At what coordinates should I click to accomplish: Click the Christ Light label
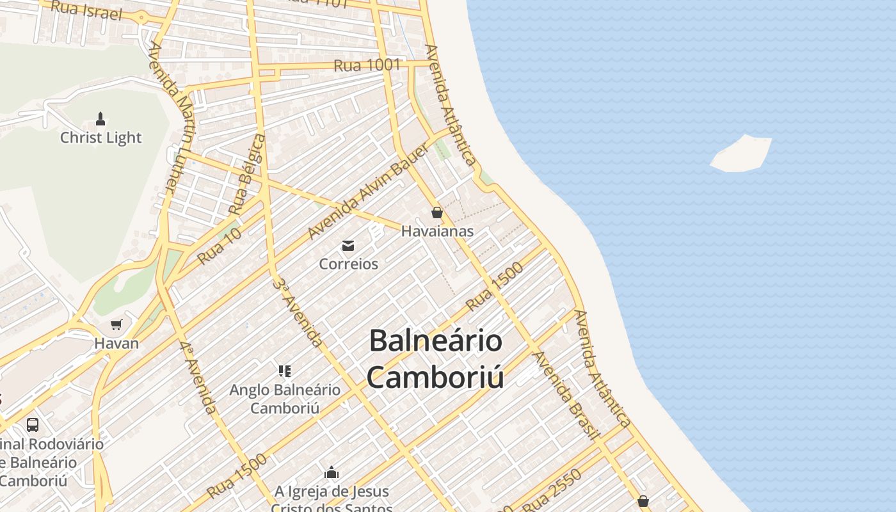101,138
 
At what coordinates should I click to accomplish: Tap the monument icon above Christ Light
100,118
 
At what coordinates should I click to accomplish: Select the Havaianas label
437,231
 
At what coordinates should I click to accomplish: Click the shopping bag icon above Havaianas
437,212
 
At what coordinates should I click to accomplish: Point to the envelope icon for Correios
348,245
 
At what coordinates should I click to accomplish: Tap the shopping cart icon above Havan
116,325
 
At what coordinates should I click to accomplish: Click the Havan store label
116,343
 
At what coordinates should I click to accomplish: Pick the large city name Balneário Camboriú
435,359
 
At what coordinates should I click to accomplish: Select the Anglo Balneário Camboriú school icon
285,371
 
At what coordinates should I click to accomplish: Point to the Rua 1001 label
367,65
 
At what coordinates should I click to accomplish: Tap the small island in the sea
741,154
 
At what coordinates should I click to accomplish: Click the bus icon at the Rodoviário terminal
33,424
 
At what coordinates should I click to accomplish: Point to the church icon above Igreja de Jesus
332,473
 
